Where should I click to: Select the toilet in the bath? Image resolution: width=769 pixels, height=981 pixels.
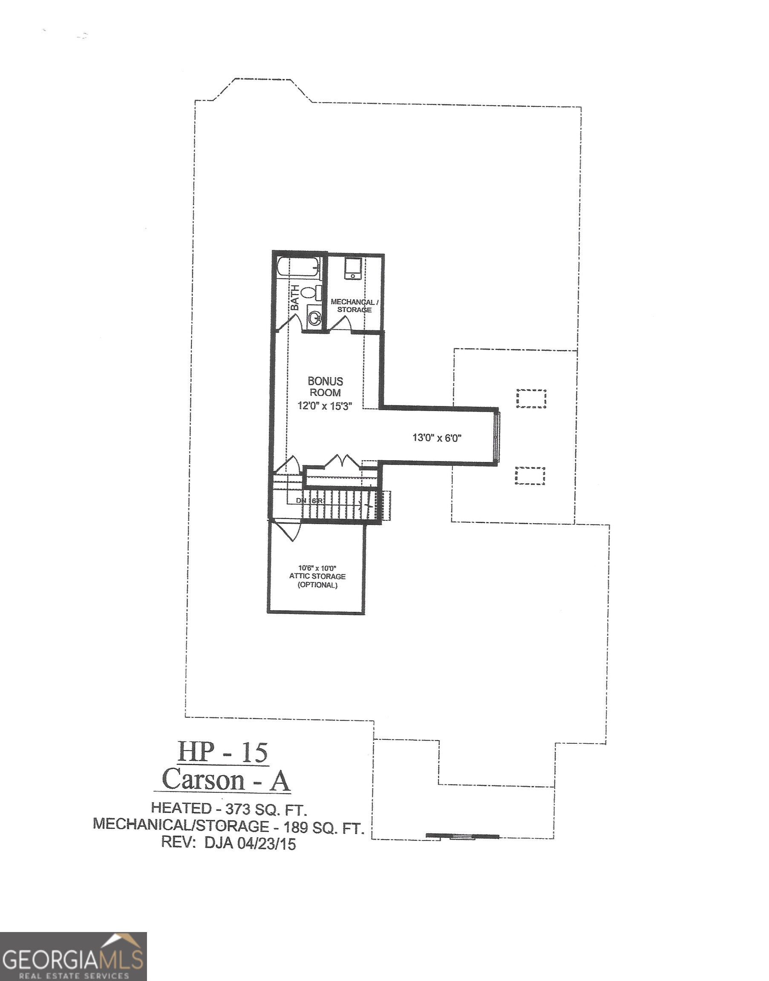click(310, 292)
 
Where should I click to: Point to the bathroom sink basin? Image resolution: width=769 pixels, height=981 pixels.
click(314, 318)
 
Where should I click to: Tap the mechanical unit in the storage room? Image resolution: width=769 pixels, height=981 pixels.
click(352, 268)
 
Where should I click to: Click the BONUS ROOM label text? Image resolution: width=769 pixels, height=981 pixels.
click(325, 387)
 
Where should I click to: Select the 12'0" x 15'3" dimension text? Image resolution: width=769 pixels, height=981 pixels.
click(324, 405)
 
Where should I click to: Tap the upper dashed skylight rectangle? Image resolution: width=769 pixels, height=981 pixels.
click(531, 399)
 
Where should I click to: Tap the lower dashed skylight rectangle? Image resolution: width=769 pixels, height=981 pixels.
click(530, 476)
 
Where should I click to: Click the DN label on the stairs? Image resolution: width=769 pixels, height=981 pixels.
click(301, 500)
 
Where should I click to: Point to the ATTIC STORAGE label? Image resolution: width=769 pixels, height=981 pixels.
click(317, 577)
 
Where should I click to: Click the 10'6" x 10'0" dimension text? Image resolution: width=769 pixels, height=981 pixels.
click(317, 568)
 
